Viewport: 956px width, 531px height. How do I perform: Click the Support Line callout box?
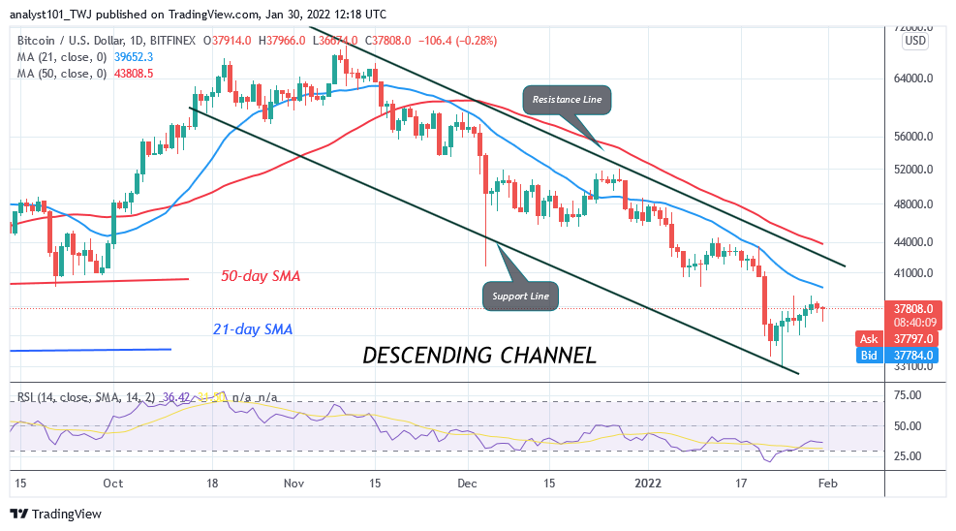click(520, 296)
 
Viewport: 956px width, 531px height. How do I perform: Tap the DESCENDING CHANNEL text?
click(478, 356)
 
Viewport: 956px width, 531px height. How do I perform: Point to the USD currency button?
click(913, 42)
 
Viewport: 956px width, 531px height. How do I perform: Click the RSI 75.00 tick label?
click(907, 396)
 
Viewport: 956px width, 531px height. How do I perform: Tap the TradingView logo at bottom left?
click(56, 514)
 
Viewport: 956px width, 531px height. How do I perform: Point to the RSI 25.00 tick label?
click(907, 456)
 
